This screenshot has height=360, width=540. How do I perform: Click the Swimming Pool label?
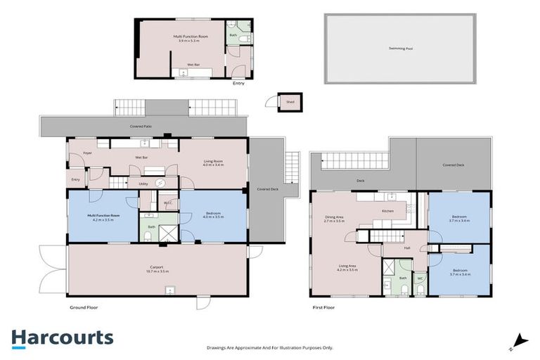(x=400, y=49)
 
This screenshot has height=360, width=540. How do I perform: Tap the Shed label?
(x=289, y=101)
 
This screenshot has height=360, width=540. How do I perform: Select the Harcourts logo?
(x=62, y=337)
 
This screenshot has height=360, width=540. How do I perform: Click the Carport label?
(x=157, y=266)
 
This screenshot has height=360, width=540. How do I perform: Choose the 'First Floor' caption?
(x=326, y=307)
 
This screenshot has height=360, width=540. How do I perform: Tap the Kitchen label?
(x=388, y=211)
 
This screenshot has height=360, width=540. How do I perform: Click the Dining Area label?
(x=333, y=217)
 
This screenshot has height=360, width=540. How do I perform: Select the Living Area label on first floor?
(x=347, y=266)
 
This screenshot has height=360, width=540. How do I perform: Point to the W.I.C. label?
(x=167, y=203)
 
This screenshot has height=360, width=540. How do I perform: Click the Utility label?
(x=143, y=184)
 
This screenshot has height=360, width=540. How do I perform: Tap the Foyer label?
(x=88, y=153)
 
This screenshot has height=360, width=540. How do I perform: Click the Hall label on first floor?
(x=406, y=248)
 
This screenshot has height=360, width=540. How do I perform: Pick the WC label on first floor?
(x=420, y=278)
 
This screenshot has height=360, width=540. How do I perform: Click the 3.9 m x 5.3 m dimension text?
(x=190, y=41)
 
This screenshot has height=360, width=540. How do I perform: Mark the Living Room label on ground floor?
(x=214, y=161)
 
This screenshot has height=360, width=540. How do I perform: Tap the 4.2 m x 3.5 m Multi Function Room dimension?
(x=103, y=220)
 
